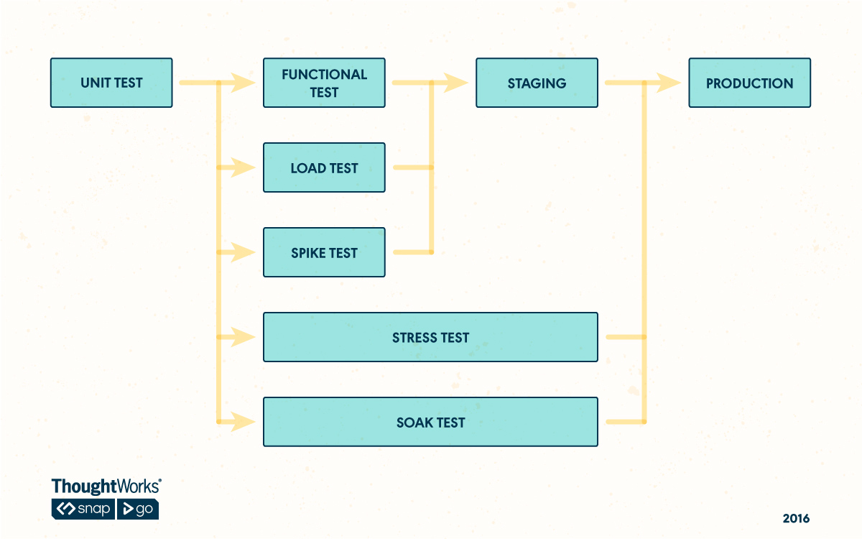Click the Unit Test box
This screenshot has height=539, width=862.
pos(111,83)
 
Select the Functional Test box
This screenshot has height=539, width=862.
pos(324,83)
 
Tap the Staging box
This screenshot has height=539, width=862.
pos(537,83)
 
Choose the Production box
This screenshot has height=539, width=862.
pos(749,83)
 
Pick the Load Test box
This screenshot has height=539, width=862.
pos(324,167)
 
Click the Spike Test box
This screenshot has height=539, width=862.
pos(324,252)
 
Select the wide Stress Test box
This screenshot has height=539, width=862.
pos(430,337)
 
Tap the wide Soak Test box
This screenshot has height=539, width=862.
pos(430,422)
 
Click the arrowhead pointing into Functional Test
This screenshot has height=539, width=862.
pos(245,83)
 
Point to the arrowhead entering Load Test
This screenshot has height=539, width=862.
pos(245,167)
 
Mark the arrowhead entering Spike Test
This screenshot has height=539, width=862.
pos(245,252)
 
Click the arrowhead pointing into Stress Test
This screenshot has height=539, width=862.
pos(245,337)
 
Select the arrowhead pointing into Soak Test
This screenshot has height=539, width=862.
pos(245,422)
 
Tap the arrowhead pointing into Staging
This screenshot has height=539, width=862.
pos(458,83)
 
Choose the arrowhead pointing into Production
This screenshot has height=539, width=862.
pos(670,83)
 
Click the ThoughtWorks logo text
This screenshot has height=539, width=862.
pos(106,487)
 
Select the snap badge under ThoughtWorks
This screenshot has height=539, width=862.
pos(83,509)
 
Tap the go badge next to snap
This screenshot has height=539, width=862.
pos(138,509)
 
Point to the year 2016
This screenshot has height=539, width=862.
pos(796,518)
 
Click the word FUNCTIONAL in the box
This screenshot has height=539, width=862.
pos(324,74)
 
